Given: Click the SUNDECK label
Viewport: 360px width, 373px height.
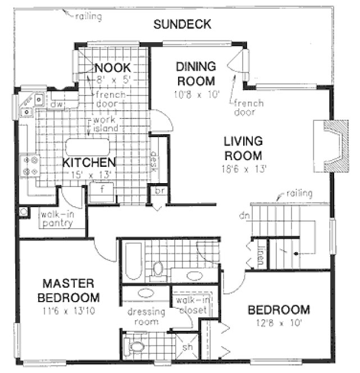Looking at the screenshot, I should (183, 24).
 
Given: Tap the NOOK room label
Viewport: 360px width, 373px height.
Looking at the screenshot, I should (112, 69).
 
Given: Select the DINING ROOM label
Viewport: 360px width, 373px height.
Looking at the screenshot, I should (196, 72).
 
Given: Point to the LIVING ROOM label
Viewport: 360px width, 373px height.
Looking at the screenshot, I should (243, 148).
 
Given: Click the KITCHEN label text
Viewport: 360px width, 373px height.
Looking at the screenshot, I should (89, 162).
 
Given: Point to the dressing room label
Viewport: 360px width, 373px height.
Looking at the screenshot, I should (146, 317).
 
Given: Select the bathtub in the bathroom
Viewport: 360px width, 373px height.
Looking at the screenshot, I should (133, 262).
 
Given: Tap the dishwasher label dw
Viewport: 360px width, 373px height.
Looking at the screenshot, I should (55, 104).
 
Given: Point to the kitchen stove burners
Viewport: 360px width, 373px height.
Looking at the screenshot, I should (29, 165).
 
